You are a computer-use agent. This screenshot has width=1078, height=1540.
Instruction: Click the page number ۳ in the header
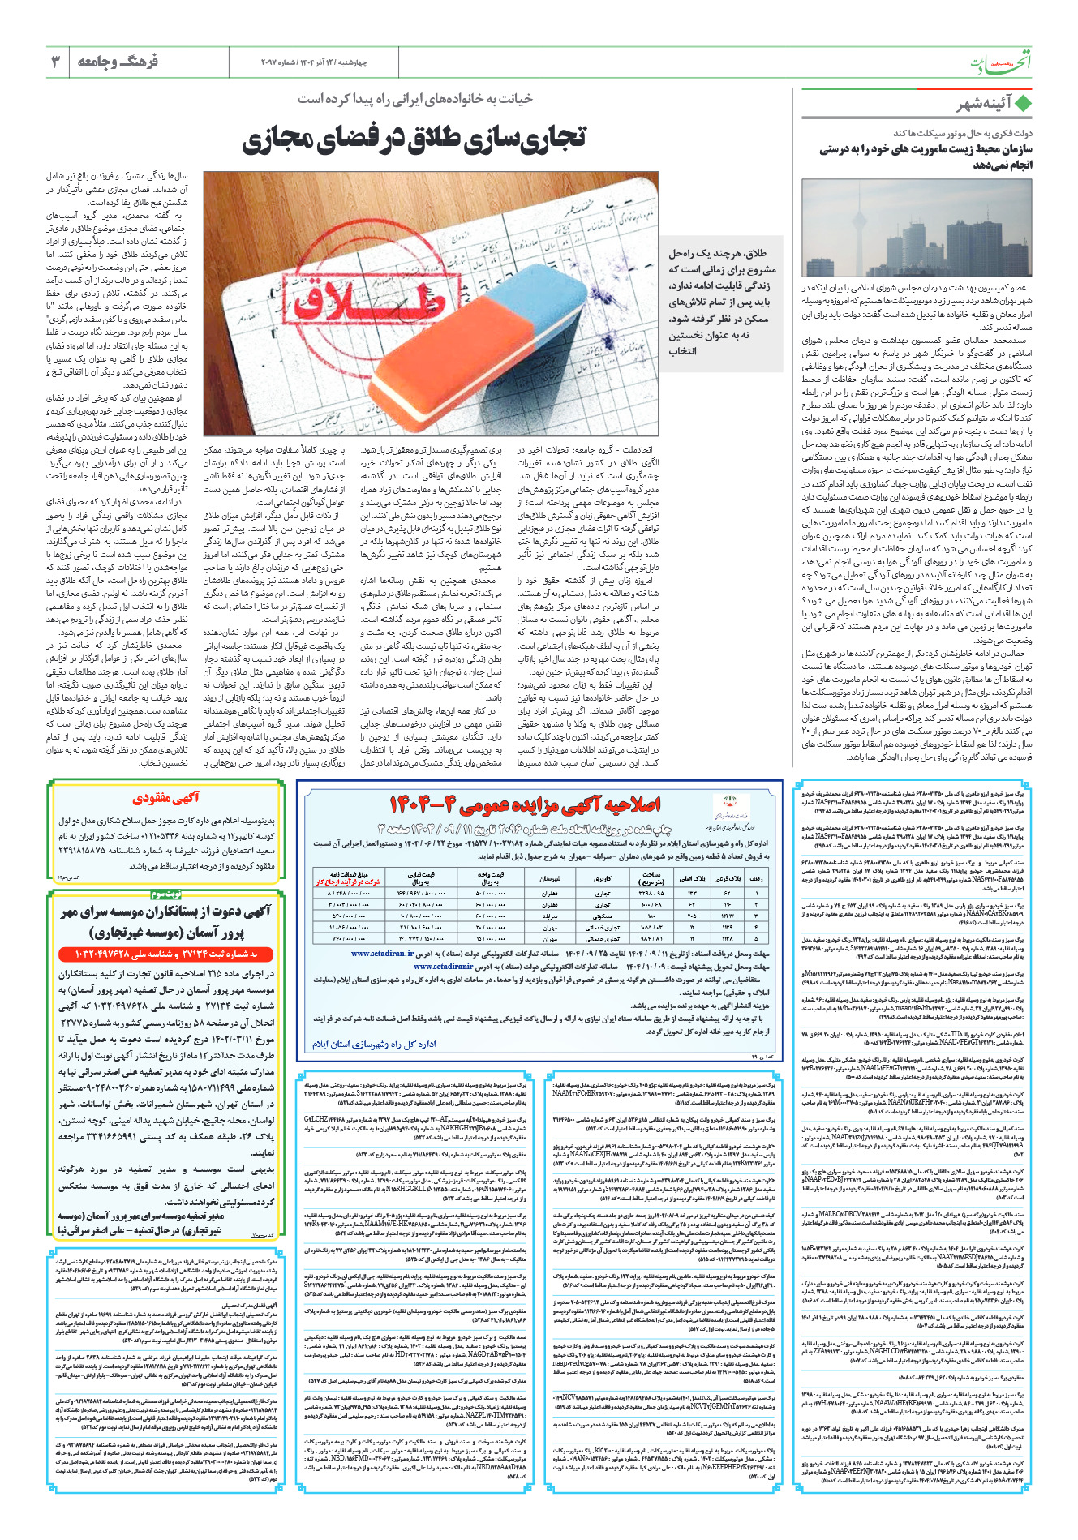pyautogui.click(x=56, y=62)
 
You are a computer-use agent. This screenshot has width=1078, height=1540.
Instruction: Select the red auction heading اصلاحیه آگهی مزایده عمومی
pyautogui.click(x=525, y=804)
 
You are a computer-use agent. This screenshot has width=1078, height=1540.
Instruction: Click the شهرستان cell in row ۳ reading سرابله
pyautogui.click(x=549, y=914)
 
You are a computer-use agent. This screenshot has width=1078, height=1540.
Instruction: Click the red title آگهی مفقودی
pyautogui.click(x=166, y=798)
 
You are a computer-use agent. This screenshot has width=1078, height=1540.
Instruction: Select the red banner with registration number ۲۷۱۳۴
pyautogui.click(x=166, y=954)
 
